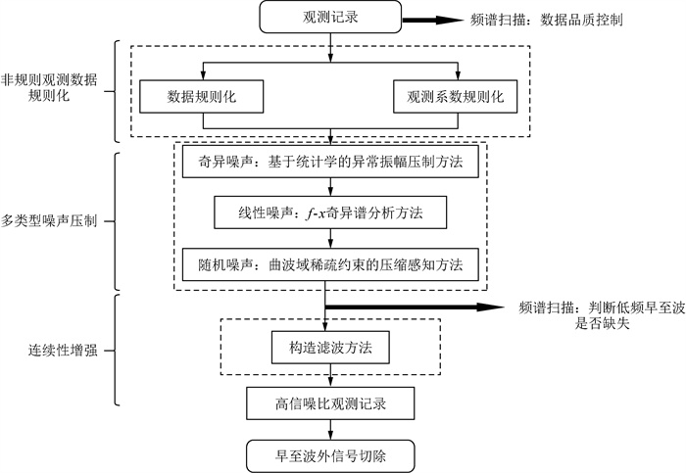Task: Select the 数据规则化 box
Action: (x=203, y=97)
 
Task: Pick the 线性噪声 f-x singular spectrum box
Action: (x=331, y=212)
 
